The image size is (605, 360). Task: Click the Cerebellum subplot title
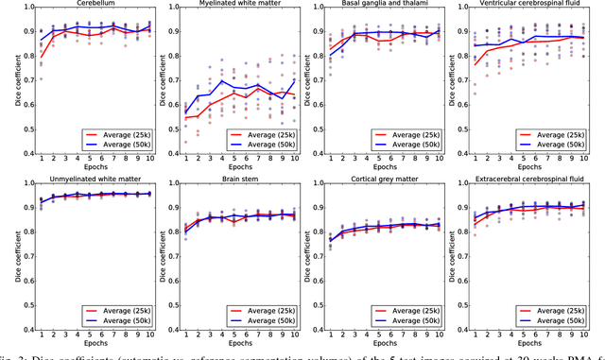[98, 4]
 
